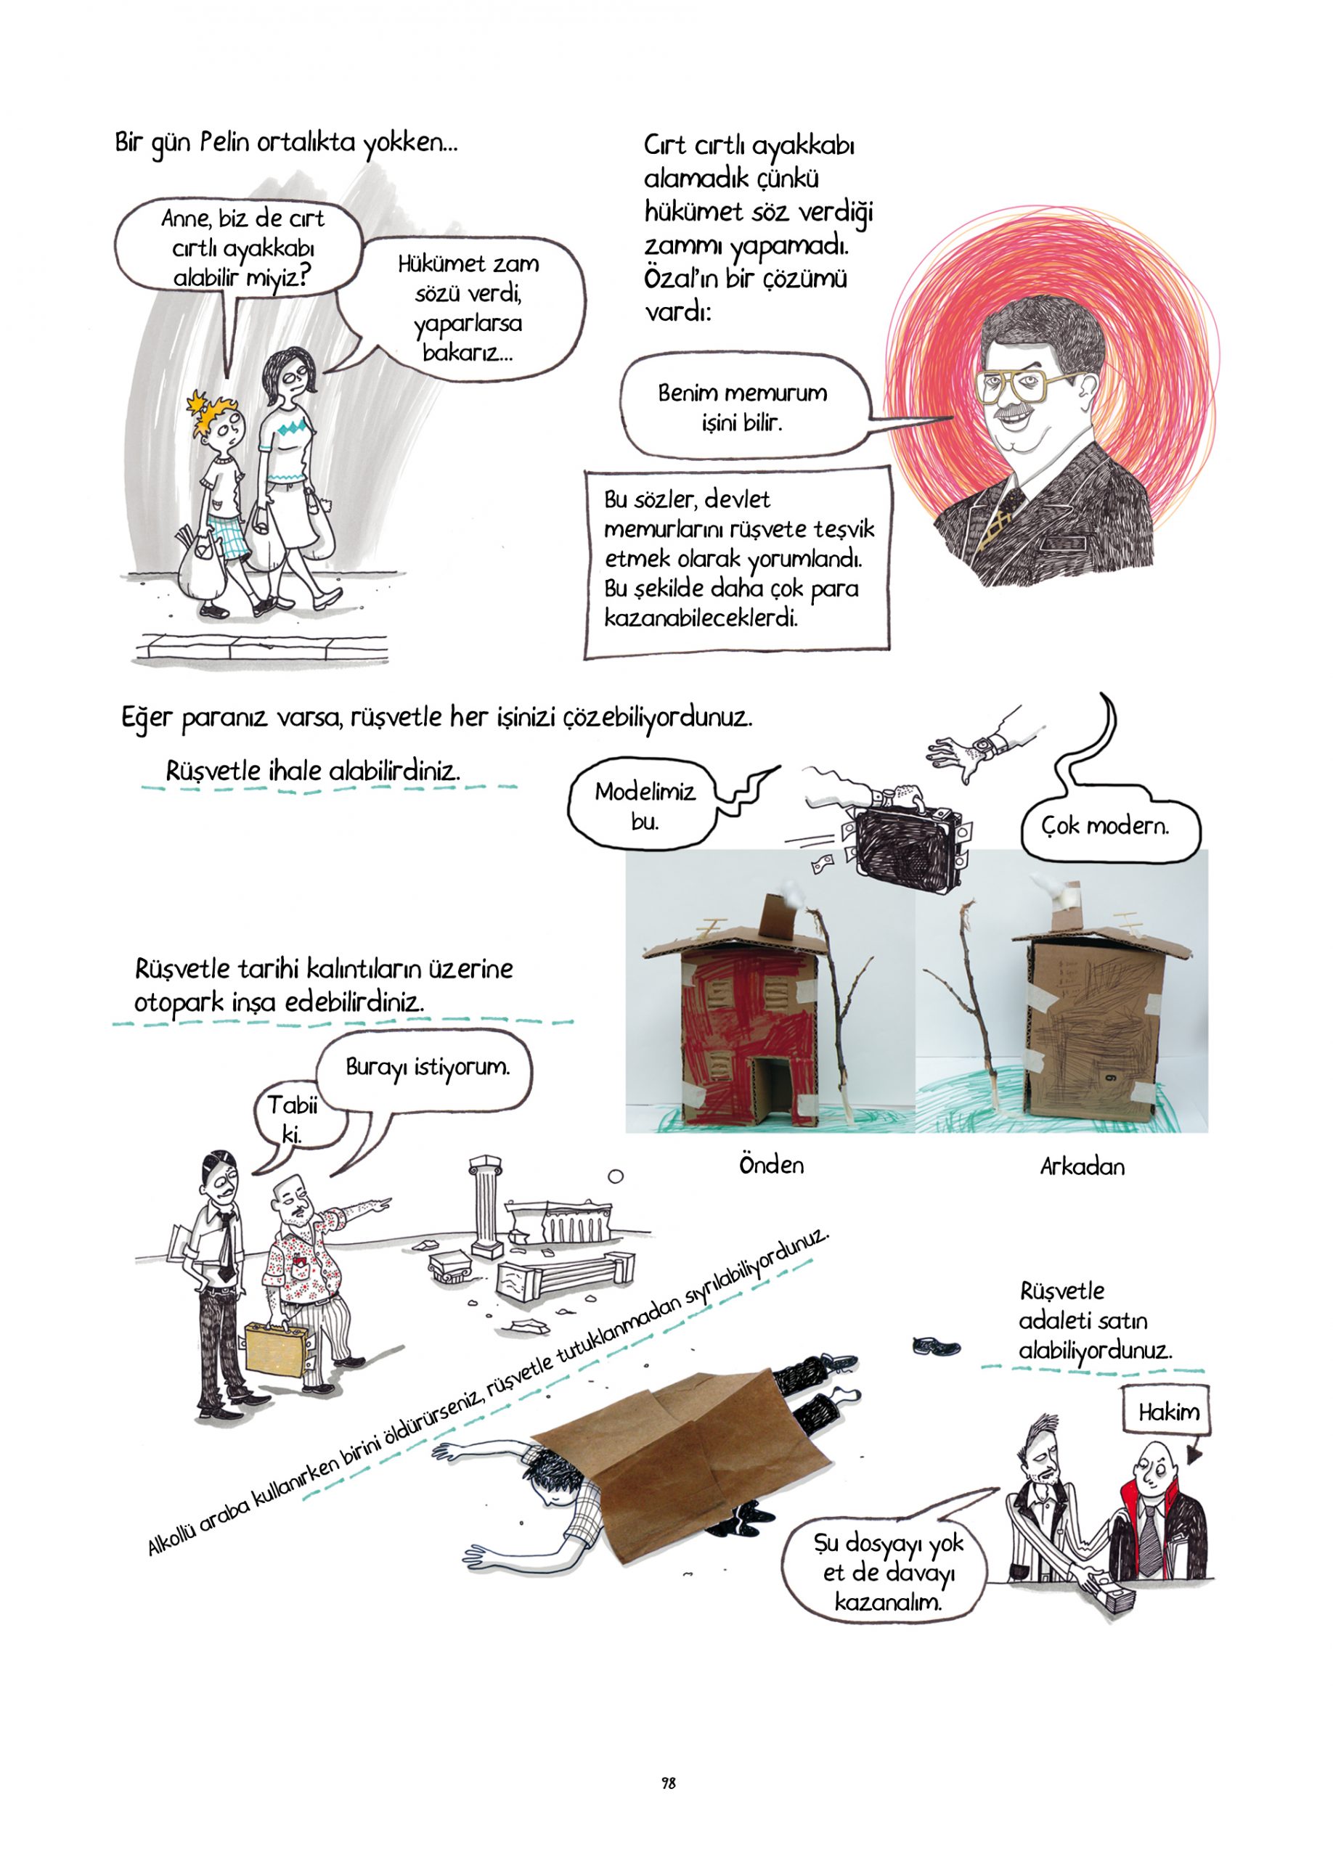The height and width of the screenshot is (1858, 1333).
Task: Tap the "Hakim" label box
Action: point(1168,1412)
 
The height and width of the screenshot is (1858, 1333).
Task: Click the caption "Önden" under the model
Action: point(771,1164)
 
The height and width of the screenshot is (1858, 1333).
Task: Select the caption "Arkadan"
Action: point(1082,1166)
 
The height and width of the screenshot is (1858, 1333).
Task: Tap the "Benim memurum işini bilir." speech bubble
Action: point(741,407)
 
